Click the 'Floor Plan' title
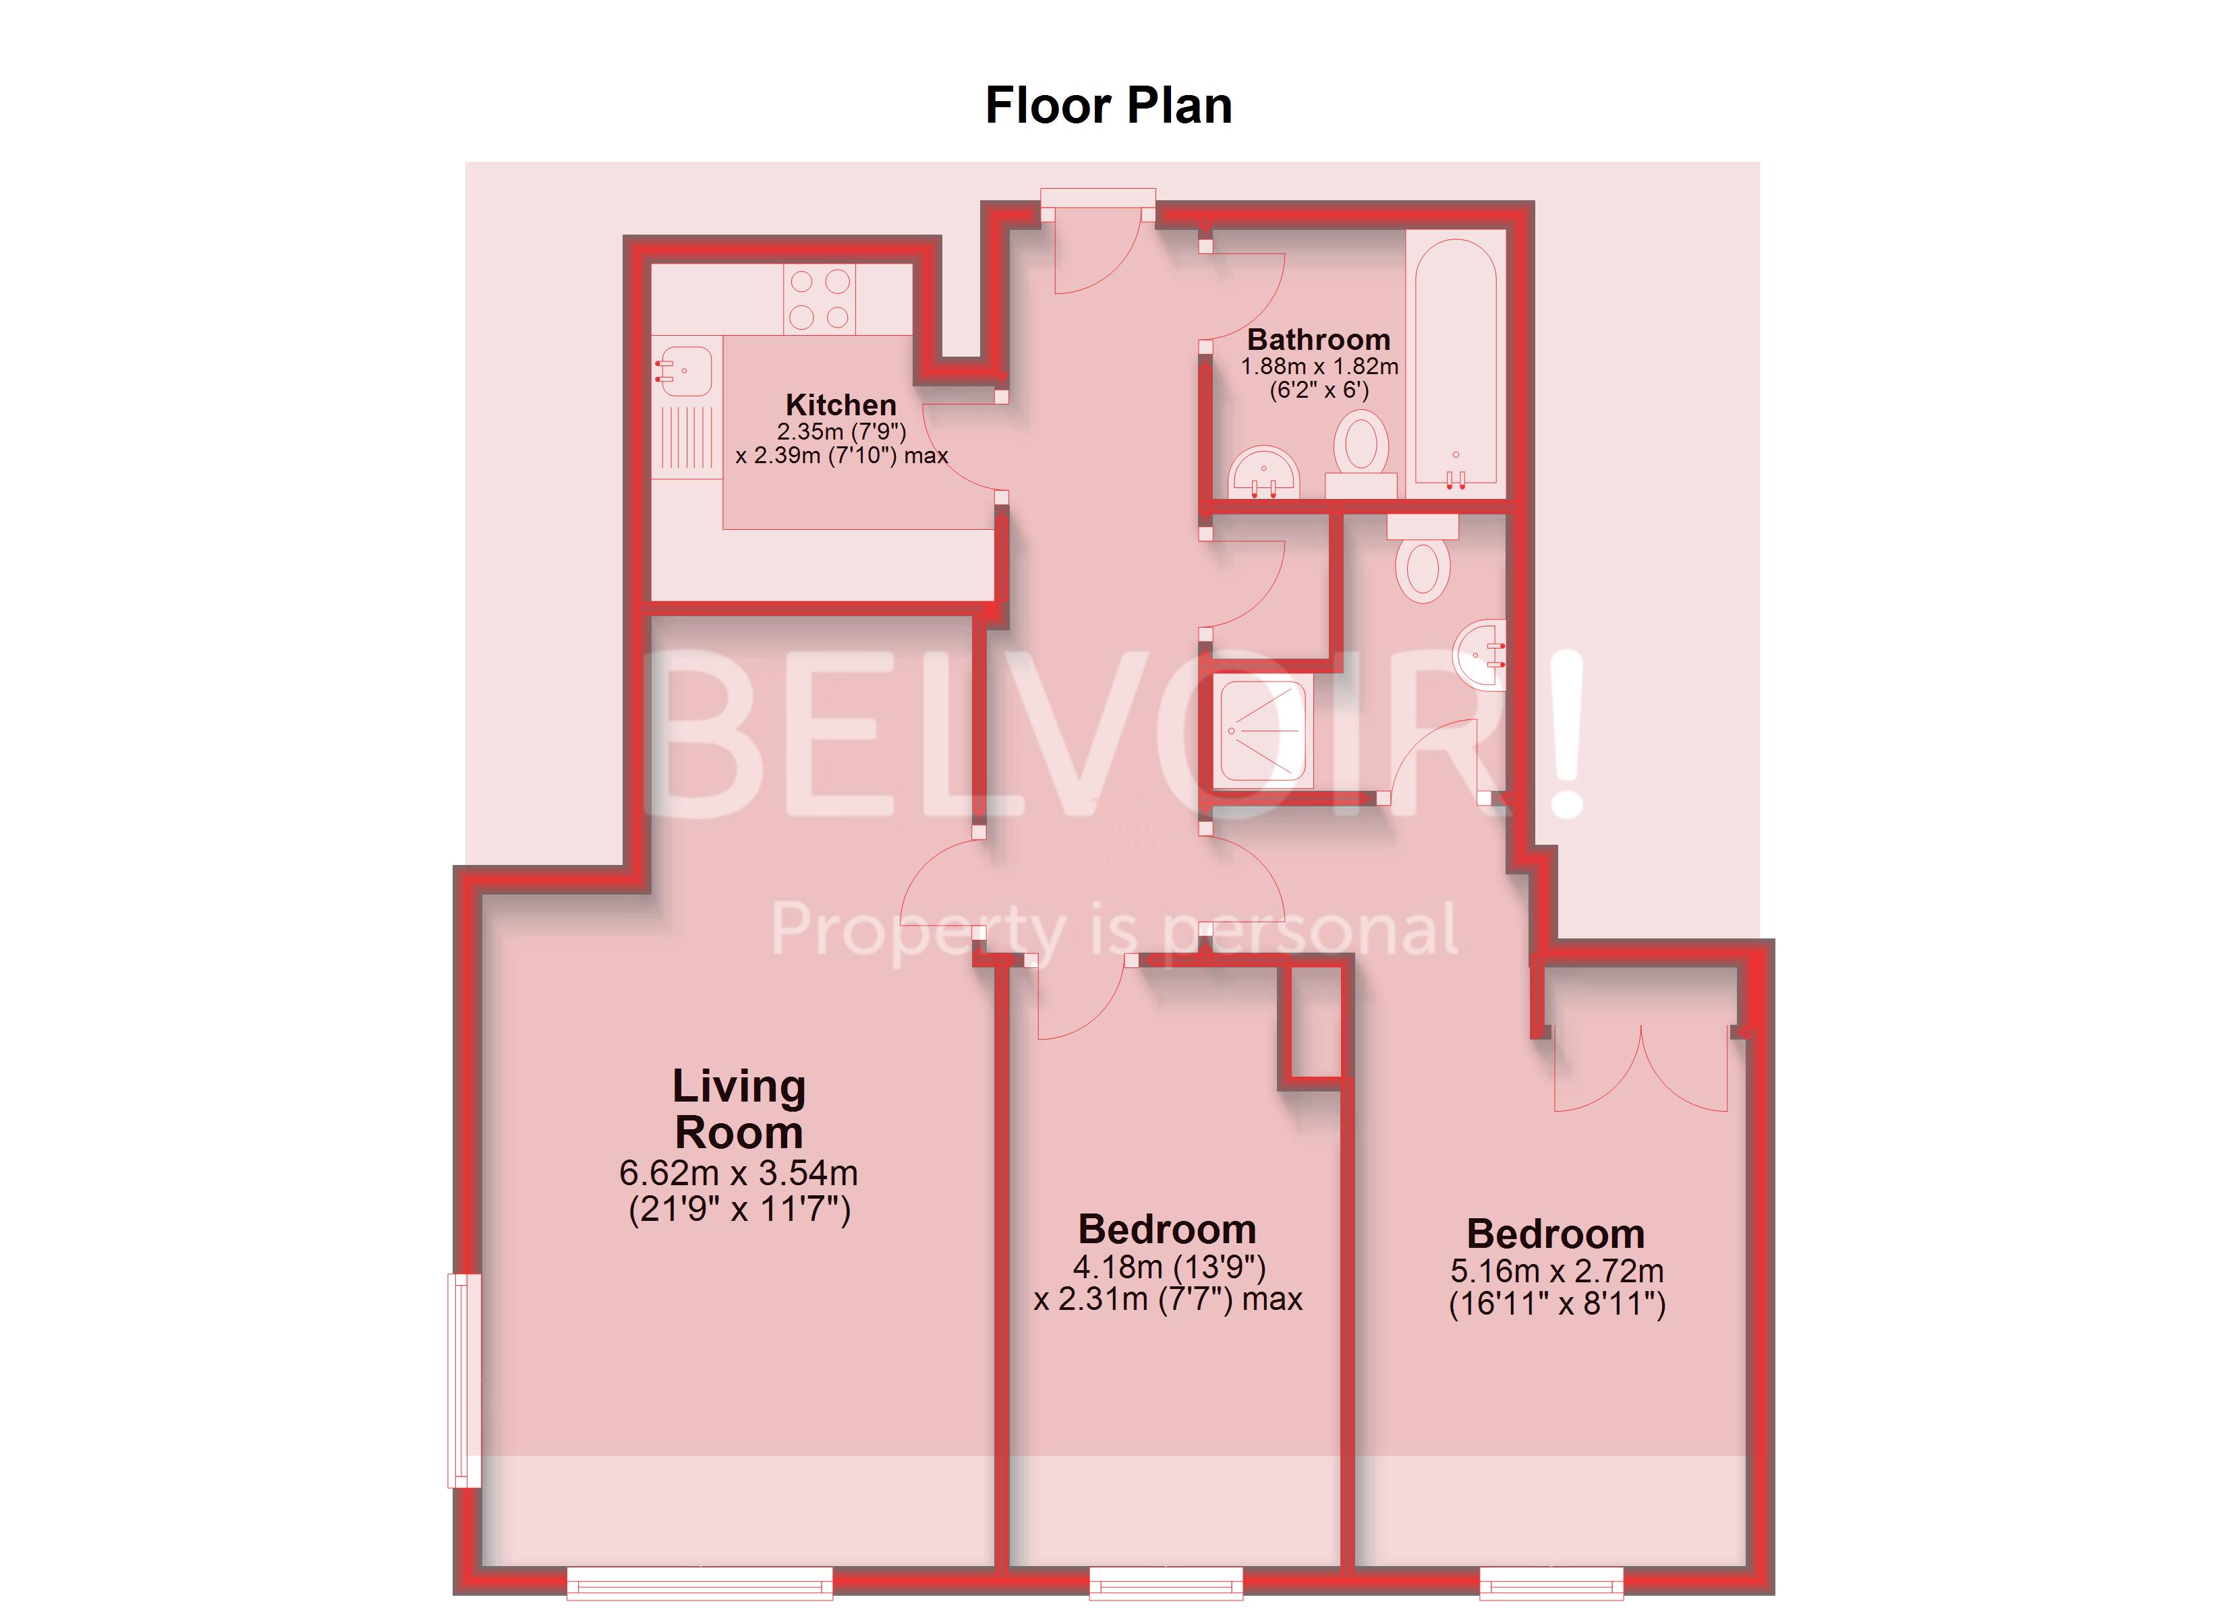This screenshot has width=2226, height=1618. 1108,106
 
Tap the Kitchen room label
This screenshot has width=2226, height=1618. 840,404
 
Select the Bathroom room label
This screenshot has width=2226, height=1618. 1318,340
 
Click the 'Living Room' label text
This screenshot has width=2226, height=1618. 739,1109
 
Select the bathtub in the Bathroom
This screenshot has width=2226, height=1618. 1456,363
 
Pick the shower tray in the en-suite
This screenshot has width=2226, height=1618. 1263,730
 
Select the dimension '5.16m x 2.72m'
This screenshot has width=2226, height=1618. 1557,1271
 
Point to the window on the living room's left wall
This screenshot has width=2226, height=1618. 464,1379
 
